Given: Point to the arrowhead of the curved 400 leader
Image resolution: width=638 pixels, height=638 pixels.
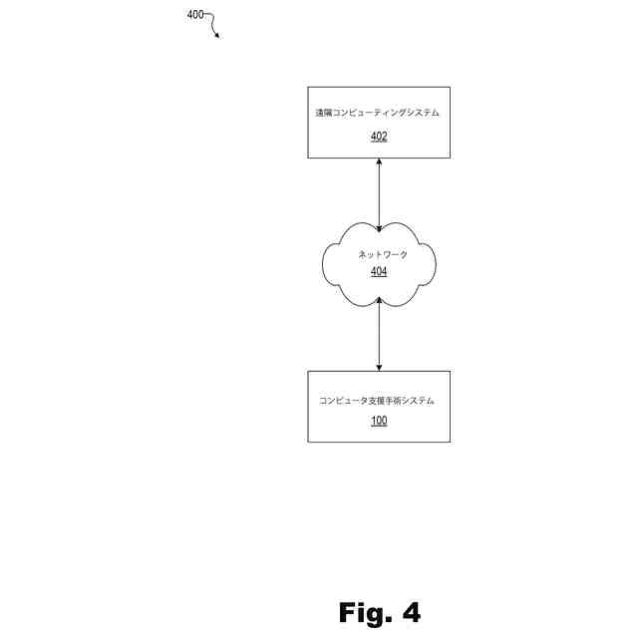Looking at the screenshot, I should [217, 36].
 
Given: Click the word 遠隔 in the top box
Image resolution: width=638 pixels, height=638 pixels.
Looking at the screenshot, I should [323, 114].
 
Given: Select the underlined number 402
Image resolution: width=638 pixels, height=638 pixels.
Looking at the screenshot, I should [379, 137].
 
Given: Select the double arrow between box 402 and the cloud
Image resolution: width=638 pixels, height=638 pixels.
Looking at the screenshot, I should [379, 194].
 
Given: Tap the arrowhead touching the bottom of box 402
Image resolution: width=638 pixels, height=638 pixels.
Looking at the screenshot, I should [379, 161].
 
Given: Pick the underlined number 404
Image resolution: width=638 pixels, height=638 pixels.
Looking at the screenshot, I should [379, 271].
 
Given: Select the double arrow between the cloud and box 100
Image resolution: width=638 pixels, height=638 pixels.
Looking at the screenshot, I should [379, 339].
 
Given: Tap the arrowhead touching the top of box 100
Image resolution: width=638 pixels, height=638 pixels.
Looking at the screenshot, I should [379, 367].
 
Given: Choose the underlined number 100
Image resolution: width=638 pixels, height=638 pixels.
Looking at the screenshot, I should [379, 421].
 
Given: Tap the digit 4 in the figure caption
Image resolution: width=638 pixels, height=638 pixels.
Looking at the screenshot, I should [410, 612].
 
